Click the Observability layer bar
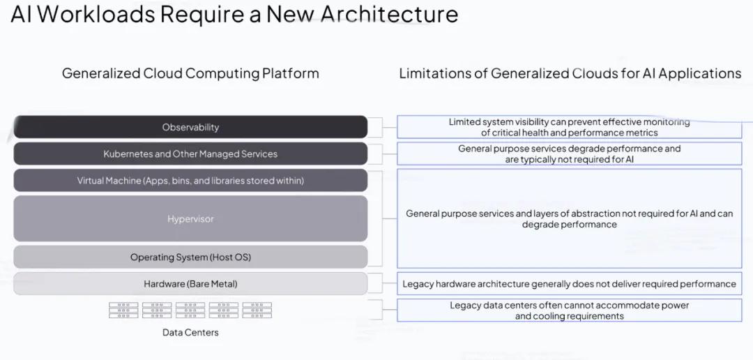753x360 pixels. [190, 127]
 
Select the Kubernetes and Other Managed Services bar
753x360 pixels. [190, 153]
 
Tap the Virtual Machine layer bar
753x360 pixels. [190, 181]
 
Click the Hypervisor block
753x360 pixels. [190, 218]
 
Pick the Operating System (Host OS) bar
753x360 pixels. [190, 257]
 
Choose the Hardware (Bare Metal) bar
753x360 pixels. [190, 283]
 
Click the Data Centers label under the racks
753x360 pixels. [190, 332]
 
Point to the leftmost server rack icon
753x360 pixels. [123, 310]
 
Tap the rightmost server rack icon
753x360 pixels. [257, 310]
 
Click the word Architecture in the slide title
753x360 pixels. [390, 14]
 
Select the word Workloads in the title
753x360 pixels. [96, 14]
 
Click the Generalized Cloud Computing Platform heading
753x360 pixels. [190, 73]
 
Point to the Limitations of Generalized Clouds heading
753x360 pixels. [570, 73]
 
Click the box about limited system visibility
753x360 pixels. [569, 127]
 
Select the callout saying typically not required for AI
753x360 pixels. [569, 153]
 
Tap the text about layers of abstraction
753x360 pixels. [569, 218]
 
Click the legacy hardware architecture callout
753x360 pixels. [569, 283]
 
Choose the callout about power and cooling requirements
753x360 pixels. [569, 310]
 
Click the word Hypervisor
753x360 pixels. [190, 219]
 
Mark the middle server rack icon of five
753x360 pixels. [190, 310]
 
